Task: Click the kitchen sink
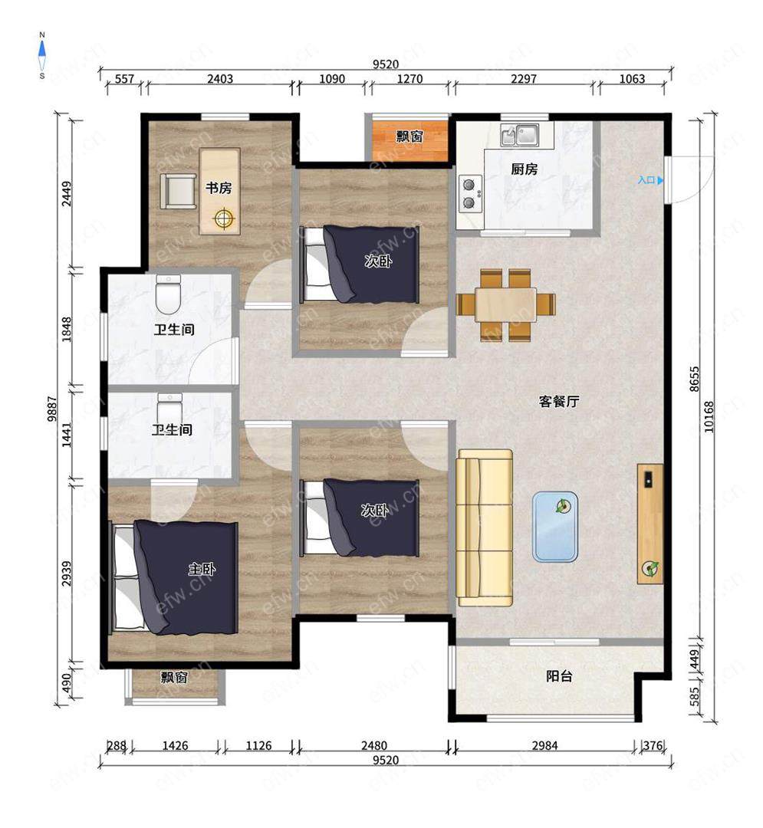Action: (x=520, y=135)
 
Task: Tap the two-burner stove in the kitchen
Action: (x=470, y=193)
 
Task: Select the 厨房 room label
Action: (x=524, y=169)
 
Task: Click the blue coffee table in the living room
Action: (x=555, y=527)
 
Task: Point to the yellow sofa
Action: (x=485, y=527)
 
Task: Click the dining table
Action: (x=506, y=304)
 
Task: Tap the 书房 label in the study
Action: (x=218, y=188)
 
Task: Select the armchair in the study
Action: (x=178, y=191)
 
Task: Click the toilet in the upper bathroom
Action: (x=169, y=294)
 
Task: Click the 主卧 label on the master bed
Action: (x=202, y=569)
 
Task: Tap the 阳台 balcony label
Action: (x=559, y=676)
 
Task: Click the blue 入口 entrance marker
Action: (x=650, y=180)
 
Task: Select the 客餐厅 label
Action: (x=559, y=401)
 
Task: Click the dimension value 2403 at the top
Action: (x=219, y=79)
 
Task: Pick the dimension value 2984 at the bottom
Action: (x=544, y=745)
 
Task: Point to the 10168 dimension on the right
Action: (x=709, y=417)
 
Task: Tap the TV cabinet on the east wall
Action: (x=650, y=524)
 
